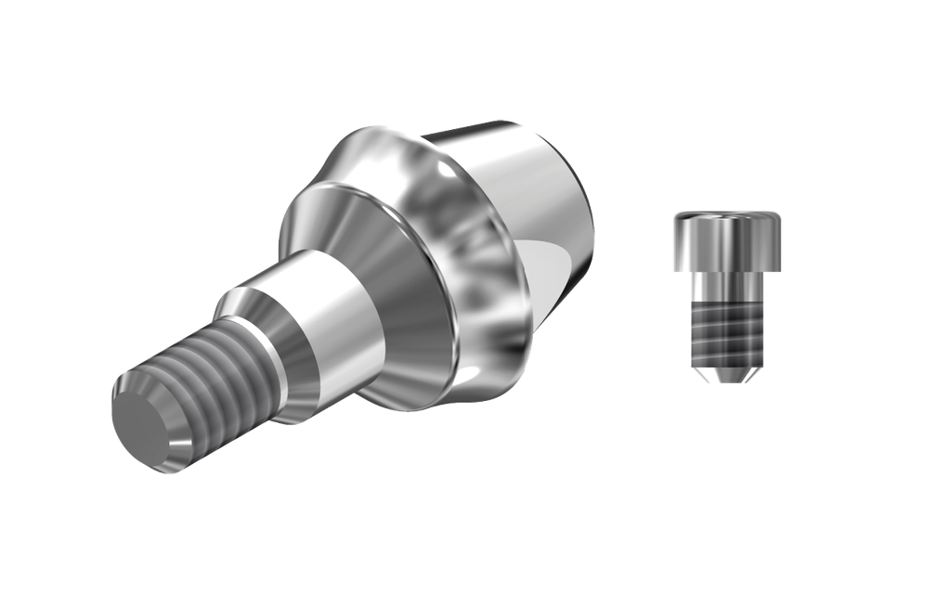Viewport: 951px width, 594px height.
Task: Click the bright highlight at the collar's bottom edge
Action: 483,381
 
